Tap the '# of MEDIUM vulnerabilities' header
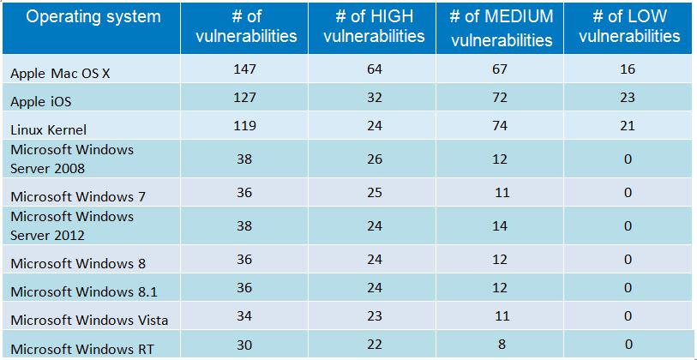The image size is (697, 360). pyautogui.click(x=502, y=27)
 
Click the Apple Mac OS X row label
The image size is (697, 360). pyautogui.click(x=60, y=74)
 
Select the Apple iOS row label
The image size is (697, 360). pyautogui.click(x=41, y=101)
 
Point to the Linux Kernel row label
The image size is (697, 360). pyautogui.click(x=48, y=129)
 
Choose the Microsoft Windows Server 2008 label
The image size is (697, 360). pyautogui.click(x=72, y=159)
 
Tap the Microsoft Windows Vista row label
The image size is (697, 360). pyautogui.click(x=89, y=320)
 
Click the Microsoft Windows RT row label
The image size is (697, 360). pyautogui.click(x=83, y=347)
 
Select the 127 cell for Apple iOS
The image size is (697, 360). pyautogui.click(x=244, y=99)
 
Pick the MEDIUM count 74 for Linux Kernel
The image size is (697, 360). pyautogui.click(x=500, y=126)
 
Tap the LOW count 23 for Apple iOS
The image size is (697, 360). pyautogui.click(x=628, y=99)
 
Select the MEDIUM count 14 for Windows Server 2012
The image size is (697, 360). pyautogui.click(x=500, y=226)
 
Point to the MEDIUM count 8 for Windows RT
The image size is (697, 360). pyautogui.click(x=500, y=345)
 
